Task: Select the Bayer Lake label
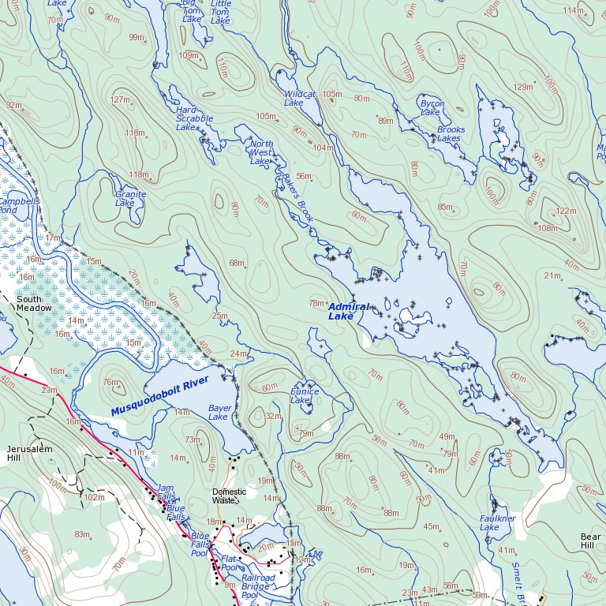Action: coord(219,412)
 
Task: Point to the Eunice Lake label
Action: coord(305,395)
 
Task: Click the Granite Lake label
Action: coord(130,198)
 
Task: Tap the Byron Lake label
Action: coord(432,108)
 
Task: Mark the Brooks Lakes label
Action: coord(451,134)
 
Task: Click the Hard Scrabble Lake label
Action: coord(194,118)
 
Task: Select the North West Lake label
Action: coord(261,152)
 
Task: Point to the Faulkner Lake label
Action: coord(498,522)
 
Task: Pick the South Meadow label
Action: coord(34,304)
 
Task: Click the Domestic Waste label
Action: coord(229,496)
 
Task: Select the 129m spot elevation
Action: coord(522,87)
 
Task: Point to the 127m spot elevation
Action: coord(120,100)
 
